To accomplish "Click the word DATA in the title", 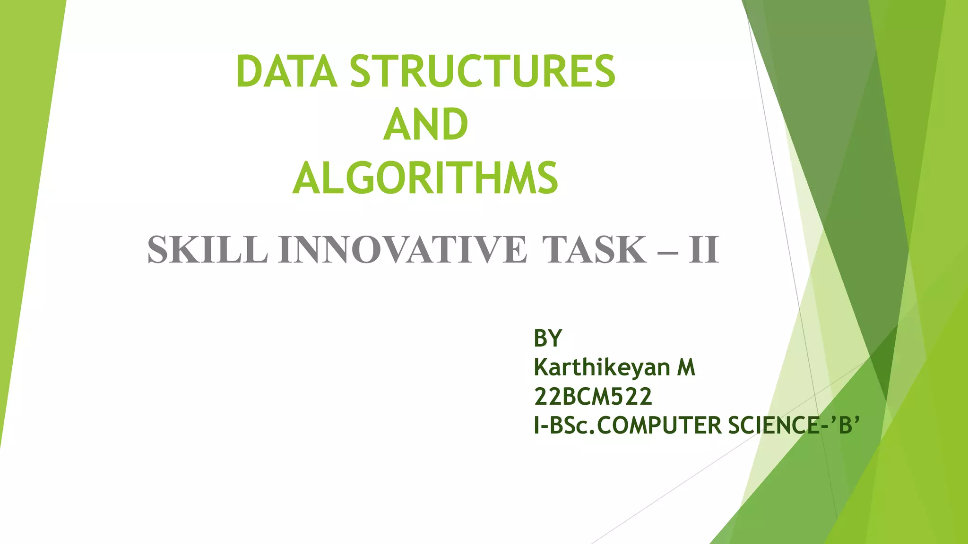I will pos(286,71).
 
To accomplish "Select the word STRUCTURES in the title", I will pos(483,71).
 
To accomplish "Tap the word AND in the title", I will pos(425,125).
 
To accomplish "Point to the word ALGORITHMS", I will pos(425,178).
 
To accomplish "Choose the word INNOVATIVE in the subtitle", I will pos(402,250).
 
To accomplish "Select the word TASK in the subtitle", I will pos(594,250).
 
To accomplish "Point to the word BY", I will pos(548,338).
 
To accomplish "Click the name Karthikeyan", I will pos(602,367).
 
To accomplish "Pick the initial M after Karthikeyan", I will pos(686,367).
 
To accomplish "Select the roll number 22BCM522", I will pos(593,396).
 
